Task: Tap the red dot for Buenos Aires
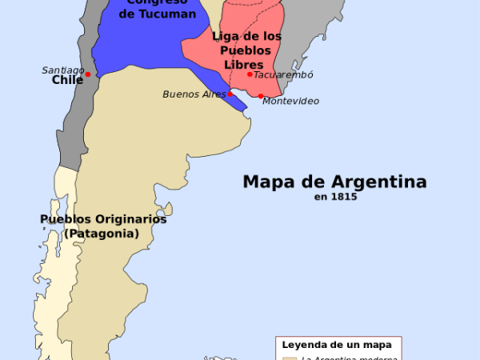coord(230,94)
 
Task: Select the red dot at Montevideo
coord(261,96)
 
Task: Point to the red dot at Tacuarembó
coord(250,74)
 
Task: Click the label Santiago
coord(63,70)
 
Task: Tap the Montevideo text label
coord(290,101)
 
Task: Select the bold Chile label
coord(68,80)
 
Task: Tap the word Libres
coord(242,63)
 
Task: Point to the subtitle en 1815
coord(334,196)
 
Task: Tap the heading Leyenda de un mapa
coord(337,345)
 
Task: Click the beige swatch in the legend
coord(289,358)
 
